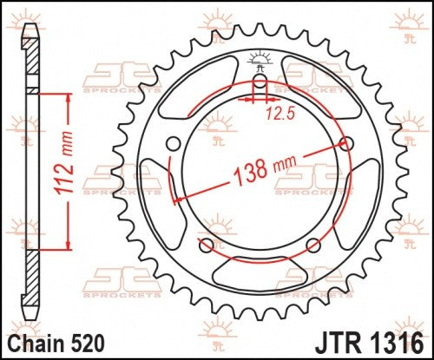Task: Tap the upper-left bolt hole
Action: point(174,143)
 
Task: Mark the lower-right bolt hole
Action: point(313,245)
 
